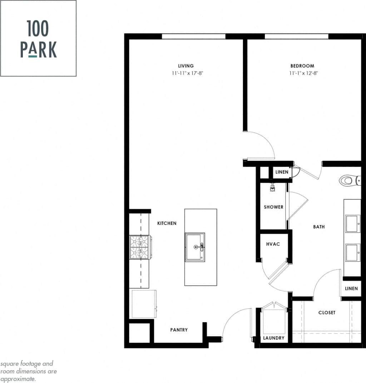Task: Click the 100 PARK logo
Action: point(38,38)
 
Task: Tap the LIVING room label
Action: point(186,66)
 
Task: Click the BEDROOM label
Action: point(302,66)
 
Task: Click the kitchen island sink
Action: point(195,247)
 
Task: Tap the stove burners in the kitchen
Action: point(140,247)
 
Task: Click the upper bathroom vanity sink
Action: point(352,223)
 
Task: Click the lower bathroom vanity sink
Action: point(352,252)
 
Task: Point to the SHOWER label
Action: point(273,207)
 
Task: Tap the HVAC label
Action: point(273,244)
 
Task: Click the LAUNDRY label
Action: point(274,338)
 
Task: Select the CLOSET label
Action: point(327,313)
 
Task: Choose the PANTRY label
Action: point(179,330)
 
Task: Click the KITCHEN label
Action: point(167,223)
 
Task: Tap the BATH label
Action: point(319,227)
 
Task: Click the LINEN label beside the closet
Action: point(351,288)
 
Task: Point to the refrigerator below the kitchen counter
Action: point(144,304)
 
